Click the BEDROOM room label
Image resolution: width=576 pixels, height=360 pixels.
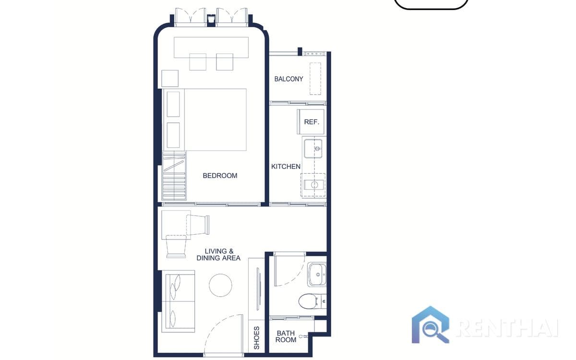(220, 176)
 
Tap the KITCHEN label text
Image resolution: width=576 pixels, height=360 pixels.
(286, 167)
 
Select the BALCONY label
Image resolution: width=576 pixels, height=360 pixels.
(288, 79)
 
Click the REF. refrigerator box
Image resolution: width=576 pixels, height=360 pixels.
(311, 122)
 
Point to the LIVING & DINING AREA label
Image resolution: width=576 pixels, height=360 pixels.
(218, 254)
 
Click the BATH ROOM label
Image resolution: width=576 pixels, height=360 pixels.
(286, 336)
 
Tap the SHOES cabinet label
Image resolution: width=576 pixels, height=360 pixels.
(256, 337)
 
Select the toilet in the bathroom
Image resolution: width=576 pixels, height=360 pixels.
(309, 301)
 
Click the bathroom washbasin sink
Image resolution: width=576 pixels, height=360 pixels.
(317, 274)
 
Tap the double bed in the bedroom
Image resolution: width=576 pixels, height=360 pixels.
(211, 119)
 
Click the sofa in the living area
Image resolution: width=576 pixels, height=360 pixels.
(178, 301)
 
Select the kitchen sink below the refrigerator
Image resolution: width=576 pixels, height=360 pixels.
(314, 148)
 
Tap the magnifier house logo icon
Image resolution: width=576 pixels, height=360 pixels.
(431, 325)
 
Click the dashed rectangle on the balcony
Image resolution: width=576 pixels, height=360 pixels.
(315, 78)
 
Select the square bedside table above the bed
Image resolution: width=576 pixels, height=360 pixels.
(170, 78)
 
